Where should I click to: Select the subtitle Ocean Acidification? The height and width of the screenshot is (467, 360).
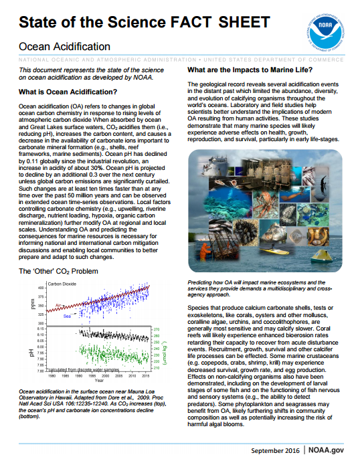(65, 47)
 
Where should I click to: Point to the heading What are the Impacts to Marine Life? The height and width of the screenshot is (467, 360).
(252, 69)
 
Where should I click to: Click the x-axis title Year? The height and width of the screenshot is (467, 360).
(98, 381)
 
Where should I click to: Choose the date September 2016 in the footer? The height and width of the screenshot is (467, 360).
(274, 452)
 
